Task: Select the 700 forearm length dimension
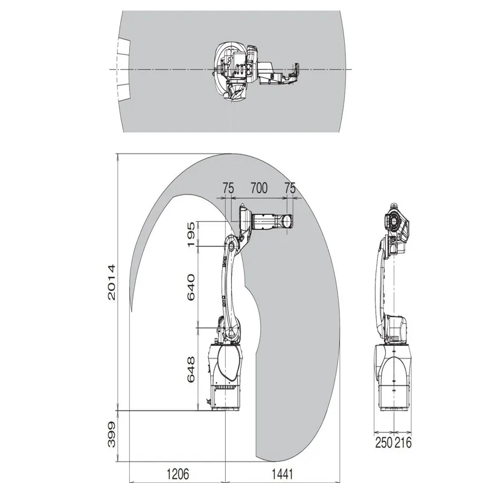(x=258, y=188)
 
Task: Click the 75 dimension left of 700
(x=228, y=188)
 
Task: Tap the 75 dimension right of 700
(x=290, y=188)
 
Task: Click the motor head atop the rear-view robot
(x=395, y=223)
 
